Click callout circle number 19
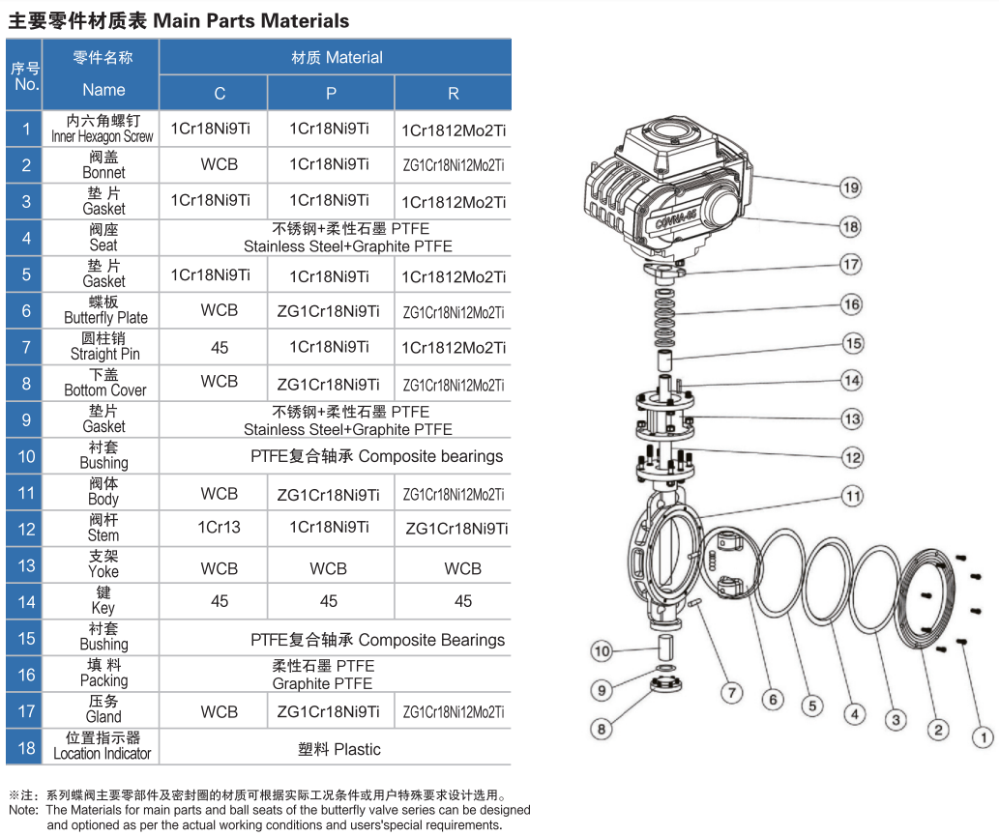point(850,187)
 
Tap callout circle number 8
point(602,728)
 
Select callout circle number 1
point(982,738)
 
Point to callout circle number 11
point(851,496)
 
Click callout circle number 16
point(851,304)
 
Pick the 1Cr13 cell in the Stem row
point(220,528)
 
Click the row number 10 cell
point(26,456)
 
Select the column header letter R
point(453,94)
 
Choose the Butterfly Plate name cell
point(104,310)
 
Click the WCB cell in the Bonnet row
point(220,164)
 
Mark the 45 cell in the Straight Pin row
point(220,347)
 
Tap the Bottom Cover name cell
point(104,383)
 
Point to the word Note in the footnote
point(22,810)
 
